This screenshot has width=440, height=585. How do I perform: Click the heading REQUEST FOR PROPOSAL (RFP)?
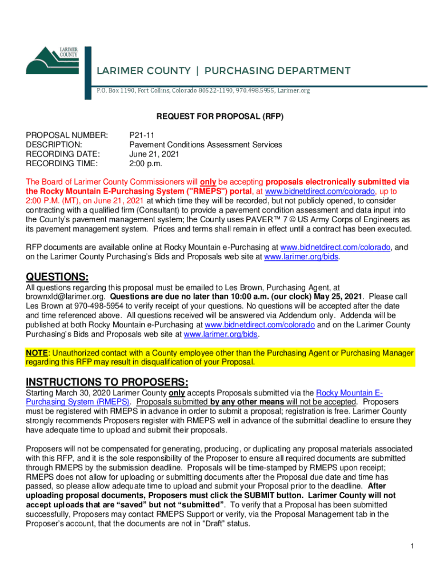pos(221,116)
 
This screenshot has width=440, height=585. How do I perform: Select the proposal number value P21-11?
pos(141,135)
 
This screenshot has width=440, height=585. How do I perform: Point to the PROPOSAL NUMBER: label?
pos(67,135)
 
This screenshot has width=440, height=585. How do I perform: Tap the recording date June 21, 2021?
pos(153,154)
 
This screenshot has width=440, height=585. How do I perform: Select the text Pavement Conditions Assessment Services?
pos(206,145)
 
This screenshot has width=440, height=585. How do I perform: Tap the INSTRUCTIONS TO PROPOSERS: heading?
pos(107,382)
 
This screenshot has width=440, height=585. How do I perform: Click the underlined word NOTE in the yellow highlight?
pos(36,353)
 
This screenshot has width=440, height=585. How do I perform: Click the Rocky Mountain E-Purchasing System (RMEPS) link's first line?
pos(349,393)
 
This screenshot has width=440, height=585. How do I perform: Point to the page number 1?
pos(411,547)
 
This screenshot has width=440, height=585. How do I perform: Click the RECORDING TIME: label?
pos(62,163)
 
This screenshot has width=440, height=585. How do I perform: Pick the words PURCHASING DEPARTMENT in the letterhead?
pos(277,71)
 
